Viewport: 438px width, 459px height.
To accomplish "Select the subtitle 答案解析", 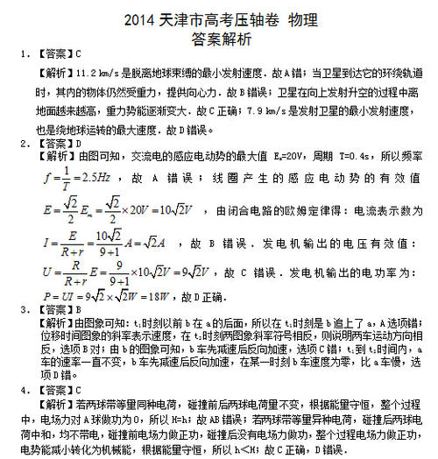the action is coord(218,39).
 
